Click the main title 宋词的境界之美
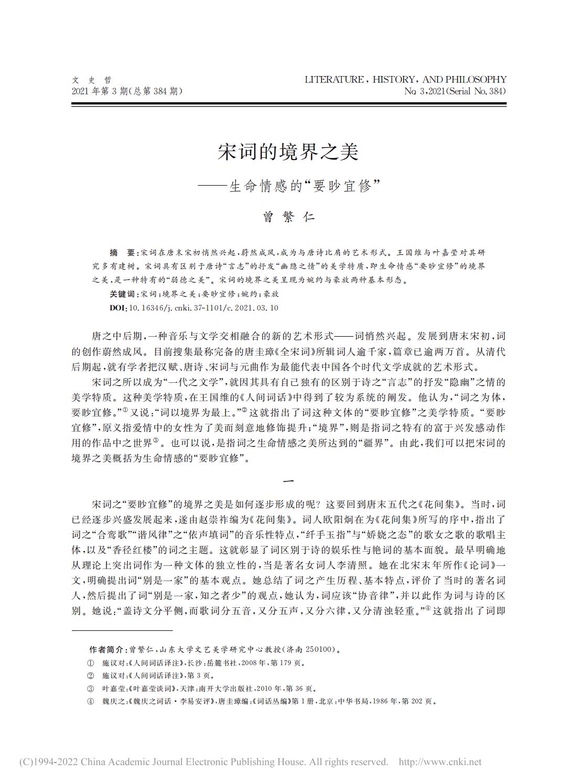[288, 152]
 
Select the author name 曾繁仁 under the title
[288, 217]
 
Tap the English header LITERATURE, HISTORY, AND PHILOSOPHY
[405, 80]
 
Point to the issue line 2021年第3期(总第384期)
[127, 91]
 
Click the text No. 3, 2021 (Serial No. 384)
[455, 91]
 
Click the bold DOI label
[117, 308]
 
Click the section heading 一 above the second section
[288, 481]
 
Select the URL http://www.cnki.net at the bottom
[440, 762]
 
